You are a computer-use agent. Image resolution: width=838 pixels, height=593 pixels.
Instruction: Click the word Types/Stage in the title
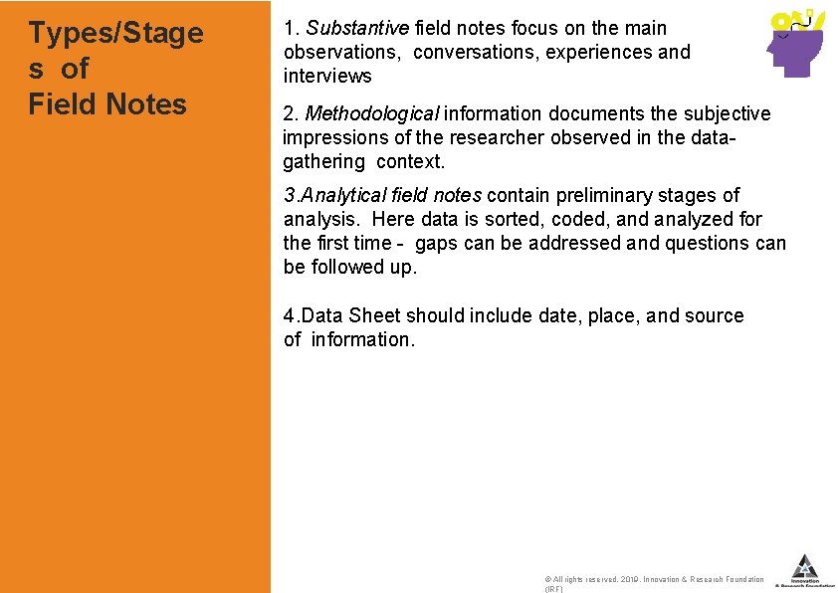click(x=115, y=34)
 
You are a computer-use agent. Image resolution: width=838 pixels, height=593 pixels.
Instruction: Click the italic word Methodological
click(x=371, y=113)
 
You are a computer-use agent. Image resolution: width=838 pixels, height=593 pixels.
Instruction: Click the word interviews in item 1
click(x=327, y=76)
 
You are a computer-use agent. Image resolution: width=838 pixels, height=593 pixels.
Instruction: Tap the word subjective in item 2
click(x=720, y=113)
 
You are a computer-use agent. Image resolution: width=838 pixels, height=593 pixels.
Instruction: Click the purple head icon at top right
click(x=794, y=45)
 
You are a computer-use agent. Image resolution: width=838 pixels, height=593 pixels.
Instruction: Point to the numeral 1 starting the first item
click(x=288, y=28)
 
